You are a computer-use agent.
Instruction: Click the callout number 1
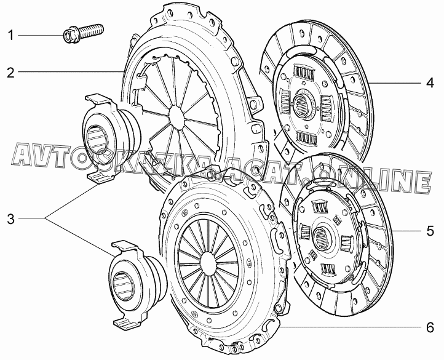[10, 36]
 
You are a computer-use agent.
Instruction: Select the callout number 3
[10, 218]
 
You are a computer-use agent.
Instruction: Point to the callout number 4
[430, 83]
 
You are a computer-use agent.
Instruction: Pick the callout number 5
[430, 231]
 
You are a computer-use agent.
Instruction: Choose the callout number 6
[430, 327]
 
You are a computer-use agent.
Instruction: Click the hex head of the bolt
[69, 36]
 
